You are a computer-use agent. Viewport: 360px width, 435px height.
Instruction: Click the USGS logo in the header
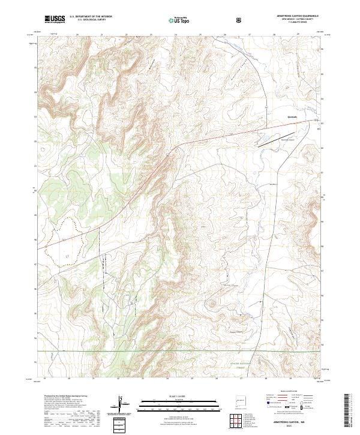tap(55, 19)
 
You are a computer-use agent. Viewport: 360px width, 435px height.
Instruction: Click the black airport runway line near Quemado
tap(276, 138)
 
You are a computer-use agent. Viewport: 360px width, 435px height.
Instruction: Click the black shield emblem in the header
tap(239, 20)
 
